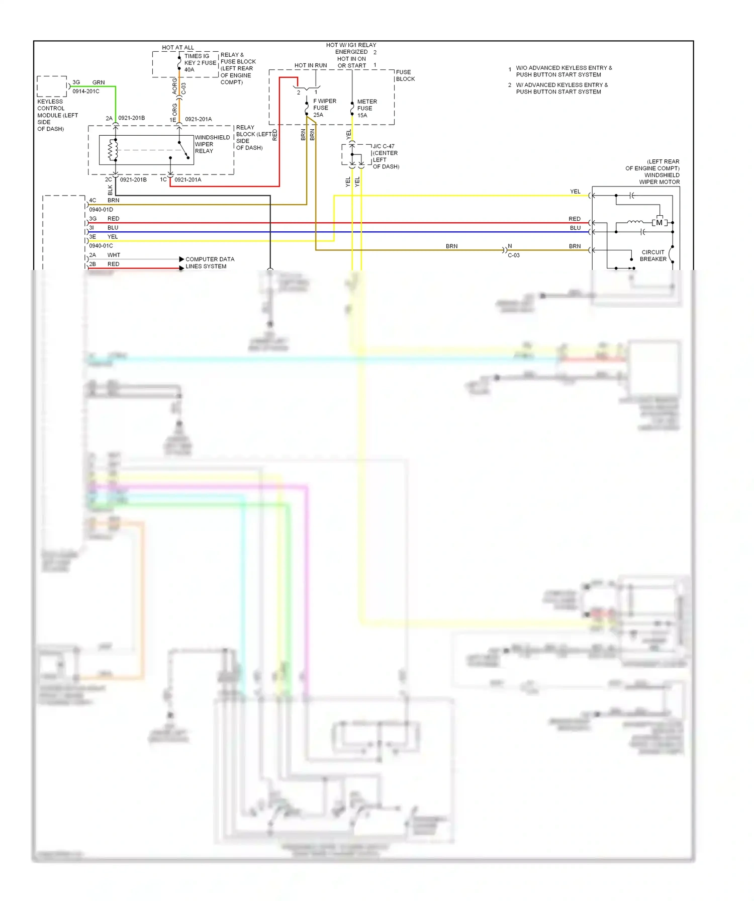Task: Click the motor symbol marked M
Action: coord(659,223)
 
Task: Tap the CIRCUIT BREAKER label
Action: coord(653,256)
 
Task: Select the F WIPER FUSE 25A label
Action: coord(324,108)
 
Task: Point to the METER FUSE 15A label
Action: coord(366,109)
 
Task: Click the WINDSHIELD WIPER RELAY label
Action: coord(212,144)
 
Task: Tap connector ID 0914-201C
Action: coord(85,92)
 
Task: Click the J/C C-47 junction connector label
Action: coord(385,156)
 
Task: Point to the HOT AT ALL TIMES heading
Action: coord(178,48)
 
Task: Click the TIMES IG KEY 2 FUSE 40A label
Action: coord(200,63)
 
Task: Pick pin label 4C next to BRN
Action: coord(92,200)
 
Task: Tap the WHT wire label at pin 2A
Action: coord(114,255)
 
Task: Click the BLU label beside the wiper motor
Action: coord(575,228)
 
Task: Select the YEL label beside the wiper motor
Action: coord(575,192)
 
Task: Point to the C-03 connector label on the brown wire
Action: coord(513,255)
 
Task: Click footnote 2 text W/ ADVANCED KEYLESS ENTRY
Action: coord(561,88)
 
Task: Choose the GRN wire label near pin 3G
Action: coord(99,82)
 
